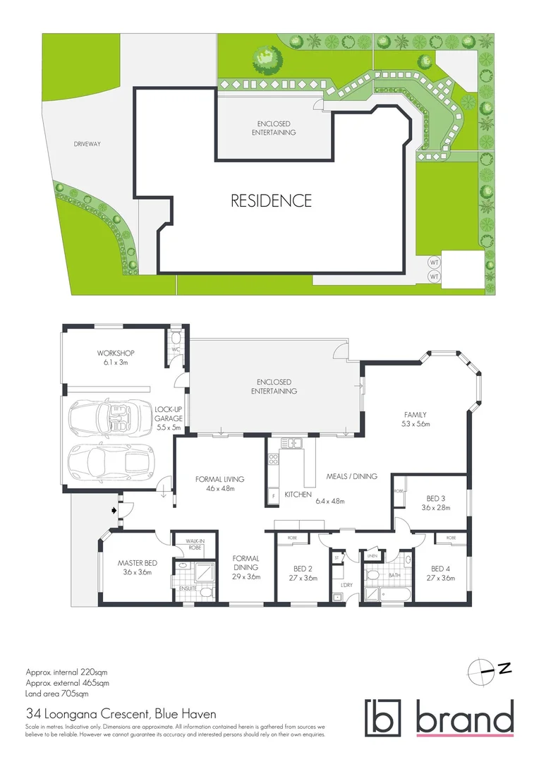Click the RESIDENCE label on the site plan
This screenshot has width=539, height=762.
click(271, 200)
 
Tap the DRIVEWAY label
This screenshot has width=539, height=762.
click(87, 144)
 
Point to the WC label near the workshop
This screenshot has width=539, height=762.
click(176, 348)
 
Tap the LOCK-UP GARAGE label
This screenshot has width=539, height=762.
click(169, 418)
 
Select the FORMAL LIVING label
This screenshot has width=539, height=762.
click(219, 483)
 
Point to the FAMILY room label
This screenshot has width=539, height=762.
click(415, 419)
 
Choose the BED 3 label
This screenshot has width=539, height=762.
click(435, 502)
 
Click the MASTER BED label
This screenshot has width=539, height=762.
click(137, 567)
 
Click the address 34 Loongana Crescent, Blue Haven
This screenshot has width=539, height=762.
click(121, 714)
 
